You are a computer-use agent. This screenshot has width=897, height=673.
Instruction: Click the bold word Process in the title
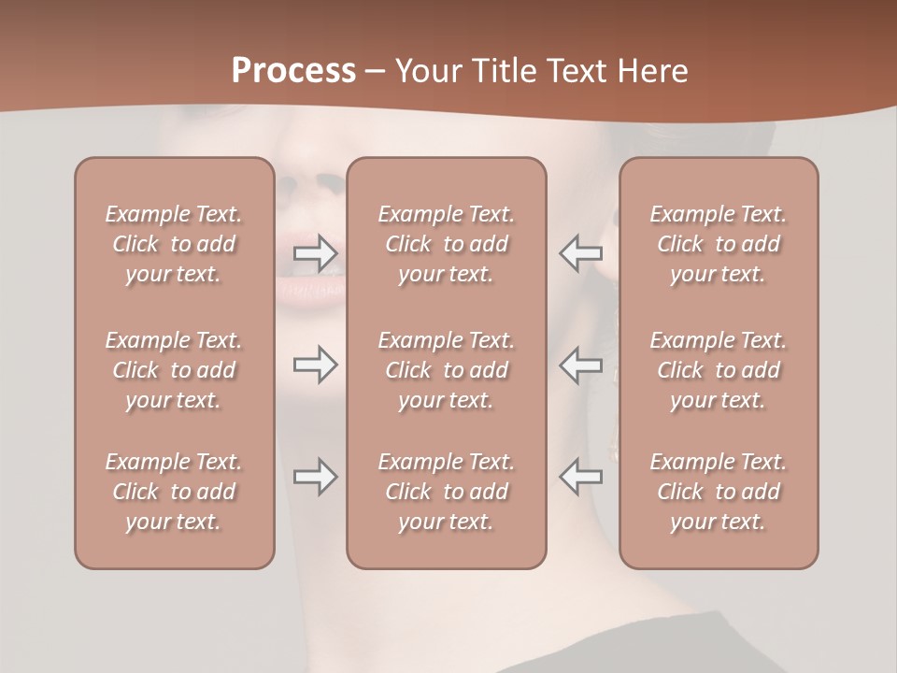tap(293, 71)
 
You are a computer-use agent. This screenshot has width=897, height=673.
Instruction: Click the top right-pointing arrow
tap(315, 252)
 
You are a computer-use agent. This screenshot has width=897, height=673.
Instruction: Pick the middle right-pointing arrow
tap(315, 365)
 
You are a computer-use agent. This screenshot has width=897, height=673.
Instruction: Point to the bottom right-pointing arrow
tap(315, 477)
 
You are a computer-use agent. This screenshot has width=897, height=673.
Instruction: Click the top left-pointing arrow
tap(581, 252)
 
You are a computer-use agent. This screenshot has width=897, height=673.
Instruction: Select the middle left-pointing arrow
tap(581, 365)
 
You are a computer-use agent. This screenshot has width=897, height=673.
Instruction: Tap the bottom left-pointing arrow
tap(581, 477)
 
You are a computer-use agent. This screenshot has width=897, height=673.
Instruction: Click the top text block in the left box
tap(174, 244)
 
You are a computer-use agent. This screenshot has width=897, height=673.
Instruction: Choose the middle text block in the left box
tap(174, 370)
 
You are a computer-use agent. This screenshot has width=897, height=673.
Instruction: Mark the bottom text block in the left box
tap(174, 492)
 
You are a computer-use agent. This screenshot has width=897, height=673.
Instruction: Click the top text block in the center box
tap(446, 244)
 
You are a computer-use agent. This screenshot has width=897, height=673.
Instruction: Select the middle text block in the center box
tap(446, 370)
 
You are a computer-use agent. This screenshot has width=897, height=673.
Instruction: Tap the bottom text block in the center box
tap(446, 492)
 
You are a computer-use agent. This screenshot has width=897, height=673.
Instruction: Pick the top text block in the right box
tap(718, 244)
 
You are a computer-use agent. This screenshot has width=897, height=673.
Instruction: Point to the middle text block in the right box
tap(718, 370)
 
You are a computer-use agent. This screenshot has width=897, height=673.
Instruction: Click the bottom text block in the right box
tap(718, 492)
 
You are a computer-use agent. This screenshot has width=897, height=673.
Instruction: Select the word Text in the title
tap(581, 71)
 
